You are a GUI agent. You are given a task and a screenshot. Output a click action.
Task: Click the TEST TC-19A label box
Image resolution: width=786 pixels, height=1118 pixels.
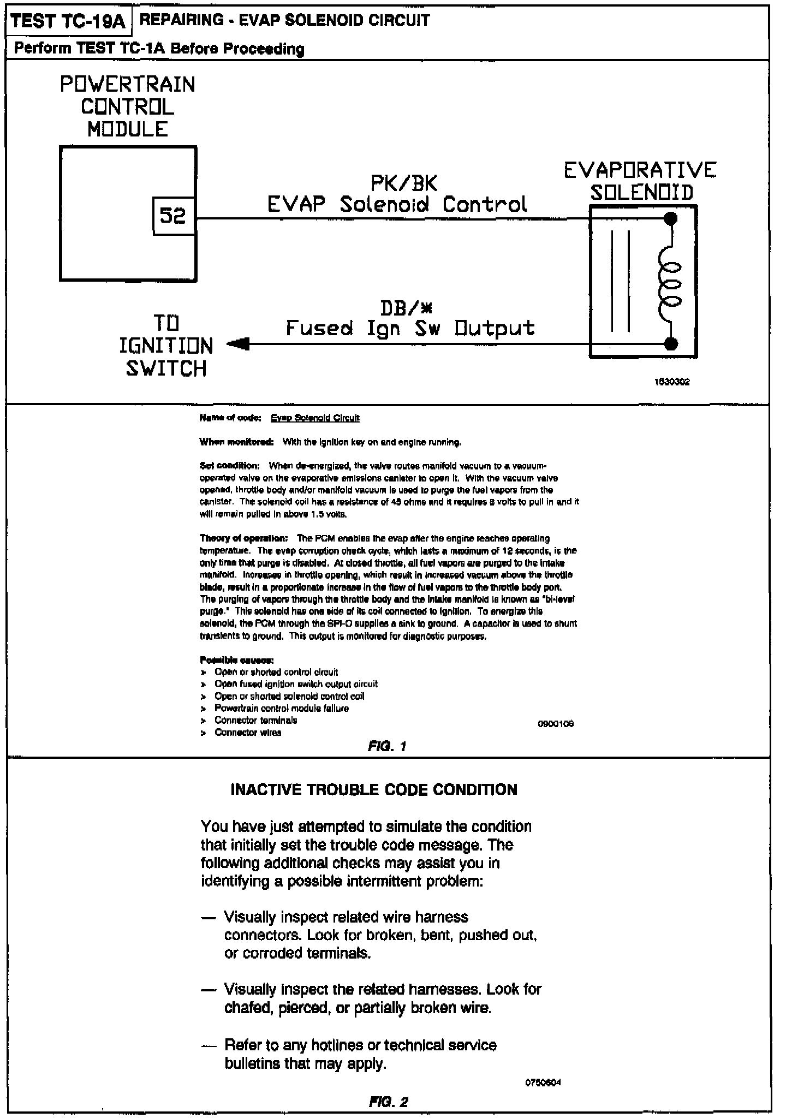[68, 22]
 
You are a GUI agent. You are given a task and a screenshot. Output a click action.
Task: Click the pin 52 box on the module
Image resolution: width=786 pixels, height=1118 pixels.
[174, 216]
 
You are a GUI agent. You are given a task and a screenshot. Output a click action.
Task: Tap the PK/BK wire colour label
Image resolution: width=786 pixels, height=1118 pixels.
[404, 183]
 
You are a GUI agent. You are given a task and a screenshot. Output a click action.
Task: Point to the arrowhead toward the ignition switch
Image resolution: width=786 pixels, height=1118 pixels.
[238, 344]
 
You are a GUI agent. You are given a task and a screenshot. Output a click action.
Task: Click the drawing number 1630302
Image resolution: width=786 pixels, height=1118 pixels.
[672, 382]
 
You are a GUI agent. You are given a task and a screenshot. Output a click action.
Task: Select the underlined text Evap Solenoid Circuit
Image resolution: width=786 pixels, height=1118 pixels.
[315, 418]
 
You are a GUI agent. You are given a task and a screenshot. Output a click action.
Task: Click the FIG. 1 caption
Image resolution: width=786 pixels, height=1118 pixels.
[387, 746]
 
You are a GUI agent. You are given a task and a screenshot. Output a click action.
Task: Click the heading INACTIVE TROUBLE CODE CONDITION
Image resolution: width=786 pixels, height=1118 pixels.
[374, 789]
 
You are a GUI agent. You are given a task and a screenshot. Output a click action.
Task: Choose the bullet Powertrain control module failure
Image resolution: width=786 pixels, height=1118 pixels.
[281, 708]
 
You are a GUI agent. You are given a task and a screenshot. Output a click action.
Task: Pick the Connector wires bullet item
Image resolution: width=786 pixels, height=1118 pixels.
[248, 733]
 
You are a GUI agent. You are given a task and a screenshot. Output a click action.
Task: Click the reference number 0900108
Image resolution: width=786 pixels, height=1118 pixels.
[556, 724]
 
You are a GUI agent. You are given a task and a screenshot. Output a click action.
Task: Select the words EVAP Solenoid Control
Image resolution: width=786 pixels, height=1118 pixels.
[397, 204]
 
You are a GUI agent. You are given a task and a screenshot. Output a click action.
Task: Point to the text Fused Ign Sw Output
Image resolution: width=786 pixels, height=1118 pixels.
[410, 328]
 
